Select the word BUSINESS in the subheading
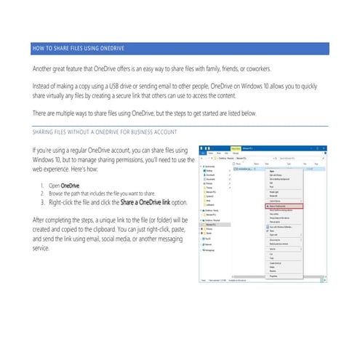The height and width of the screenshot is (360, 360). click(156, 132)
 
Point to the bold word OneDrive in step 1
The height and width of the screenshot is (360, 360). click(71, 187)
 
